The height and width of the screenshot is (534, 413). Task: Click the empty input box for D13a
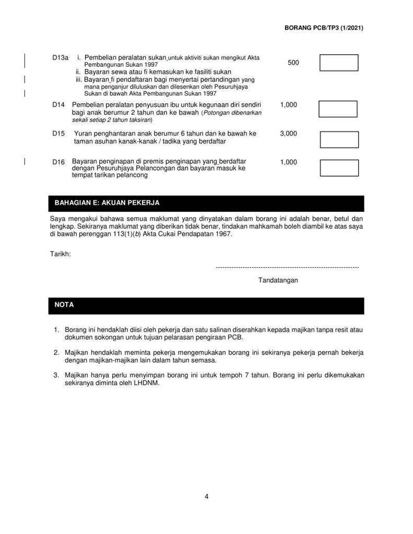click(338, 63)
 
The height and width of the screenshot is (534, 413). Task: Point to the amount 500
click(293, 63)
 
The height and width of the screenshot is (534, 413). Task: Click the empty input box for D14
click(338, 110)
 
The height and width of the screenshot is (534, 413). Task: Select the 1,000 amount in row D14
click(289, 105)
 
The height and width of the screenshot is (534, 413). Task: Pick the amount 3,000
click(289, 133)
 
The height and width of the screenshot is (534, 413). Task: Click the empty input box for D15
click(338, 139)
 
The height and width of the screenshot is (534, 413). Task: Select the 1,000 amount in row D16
click(289, 162)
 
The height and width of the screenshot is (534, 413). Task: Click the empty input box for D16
click(338, 167)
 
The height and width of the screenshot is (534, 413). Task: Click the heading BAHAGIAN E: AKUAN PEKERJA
click(107, 202)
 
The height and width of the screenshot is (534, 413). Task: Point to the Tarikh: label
click(61, 253)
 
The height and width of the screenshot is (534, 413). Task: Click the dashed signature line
click(287, 267)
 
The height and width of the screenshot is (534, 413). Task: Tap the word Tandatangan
click(278, 280)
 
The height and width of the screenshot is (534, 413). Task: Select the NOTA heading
click(64, 305)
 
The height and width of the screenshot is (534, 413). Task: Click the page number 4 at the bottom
click(207, 496)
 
